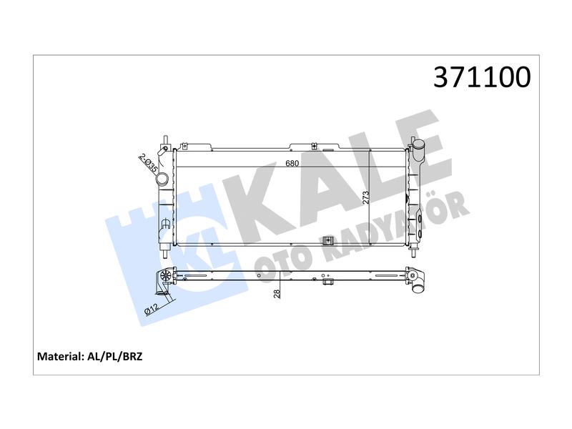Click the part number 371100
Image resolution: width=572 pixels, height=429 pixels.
482,77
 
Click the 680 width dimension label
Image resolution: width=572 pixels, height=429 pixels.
292,163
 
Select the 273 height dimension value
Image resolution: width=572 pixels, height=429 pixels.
366,197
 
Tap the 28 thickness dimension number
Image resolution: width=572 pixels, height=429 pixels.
277,294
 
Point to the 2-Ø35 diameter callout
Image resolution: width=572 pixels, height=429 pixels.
148,164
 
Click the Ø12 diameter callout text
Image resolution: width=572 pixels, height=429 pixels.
152,309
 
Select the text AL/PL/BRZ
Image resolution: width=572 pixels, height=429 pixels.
115,356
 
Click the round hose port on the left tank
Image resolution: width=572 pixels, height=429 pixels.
162,179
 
